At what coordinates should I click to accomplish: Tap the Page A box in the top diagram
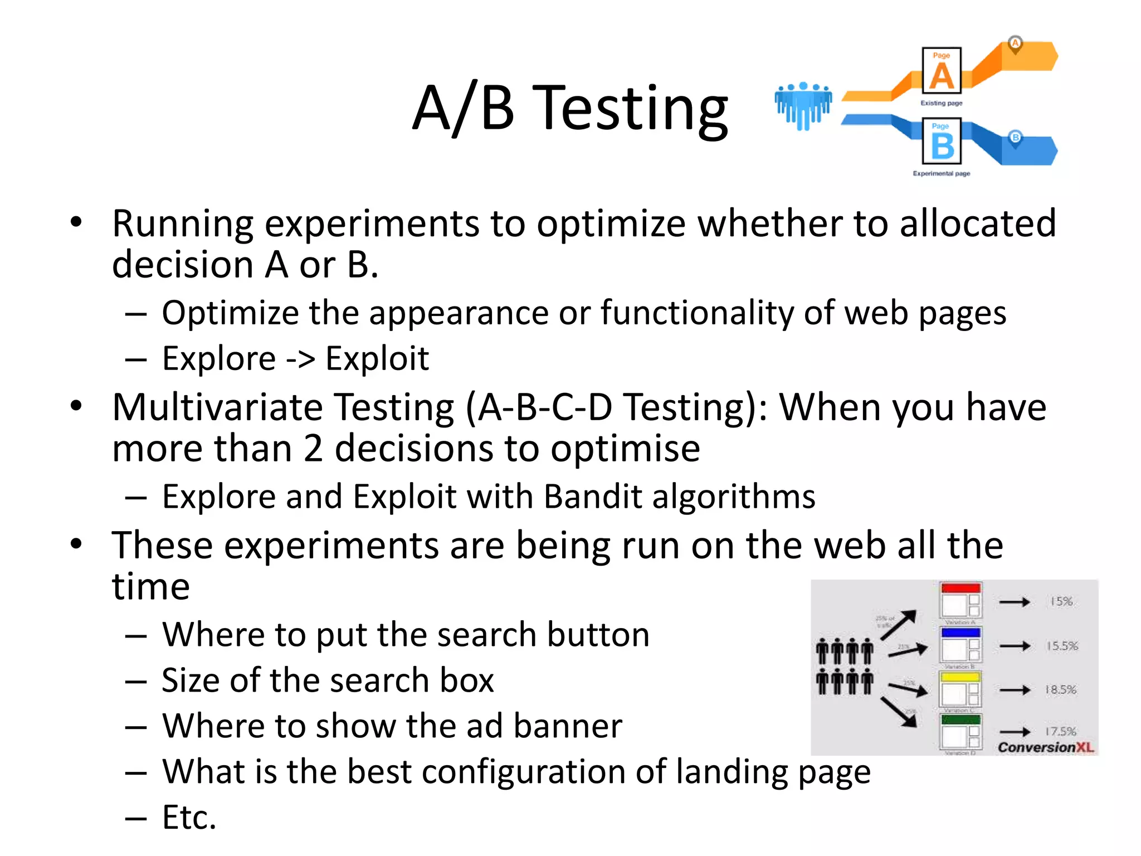[942, 70]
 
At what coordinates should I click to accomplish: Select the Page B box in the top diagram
[942, 140]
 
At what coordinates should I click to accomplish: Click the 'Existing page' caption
[941, 103]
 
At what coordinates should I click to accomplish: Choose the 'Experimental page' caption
[941, 174]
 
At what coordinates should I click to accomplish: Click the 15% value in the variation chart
[1061, 601]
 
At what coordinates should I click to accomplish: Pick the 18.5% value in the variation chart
[1061, 690]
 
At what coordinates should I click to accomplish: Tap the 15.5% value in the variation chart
[1062, 646]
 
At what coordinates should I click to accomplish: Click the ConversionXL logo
[1046, 747]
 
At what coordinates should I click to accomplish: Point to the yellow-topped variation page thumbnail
[960, 689]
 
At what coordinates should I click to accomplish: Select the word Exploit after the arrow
[377, 358]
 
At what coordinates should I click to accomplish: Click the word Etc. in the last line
[189, 818]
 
